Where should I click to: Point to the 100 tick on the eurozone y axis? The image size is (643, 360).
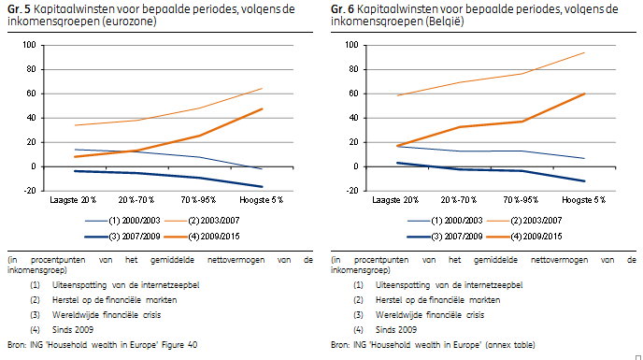29,45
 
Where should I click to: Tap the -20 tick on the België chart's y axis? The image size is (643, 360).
352,191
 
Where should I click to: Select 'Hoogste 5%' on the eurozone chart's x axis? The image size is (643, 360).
262,200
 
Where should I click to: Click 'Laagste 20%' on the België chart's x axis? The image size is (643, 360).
395,200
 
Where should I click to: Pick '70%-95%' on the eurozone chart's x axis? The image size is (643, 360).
198,200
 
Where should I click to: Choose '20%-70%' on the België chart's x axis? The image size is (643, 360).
459,200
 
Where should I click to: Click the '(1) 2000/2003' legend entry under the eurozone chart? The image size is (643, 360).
122,221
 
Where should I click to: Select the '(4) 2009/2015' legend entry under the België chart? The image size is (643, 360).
524,237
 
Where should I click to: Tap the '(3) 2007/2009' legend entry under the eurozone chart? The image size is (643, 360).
122,237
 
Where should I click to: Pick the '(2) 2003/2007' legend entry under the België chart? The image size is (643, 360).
524,221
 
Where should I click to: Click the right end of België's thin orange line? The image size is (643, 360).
584,52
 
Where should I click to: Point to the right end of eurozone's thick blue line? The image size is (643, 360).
262,187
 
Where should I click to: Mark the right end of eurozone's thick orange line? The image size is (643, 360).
262,108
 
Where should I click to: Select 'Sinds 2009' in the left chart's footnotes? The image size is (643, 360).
73,330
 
